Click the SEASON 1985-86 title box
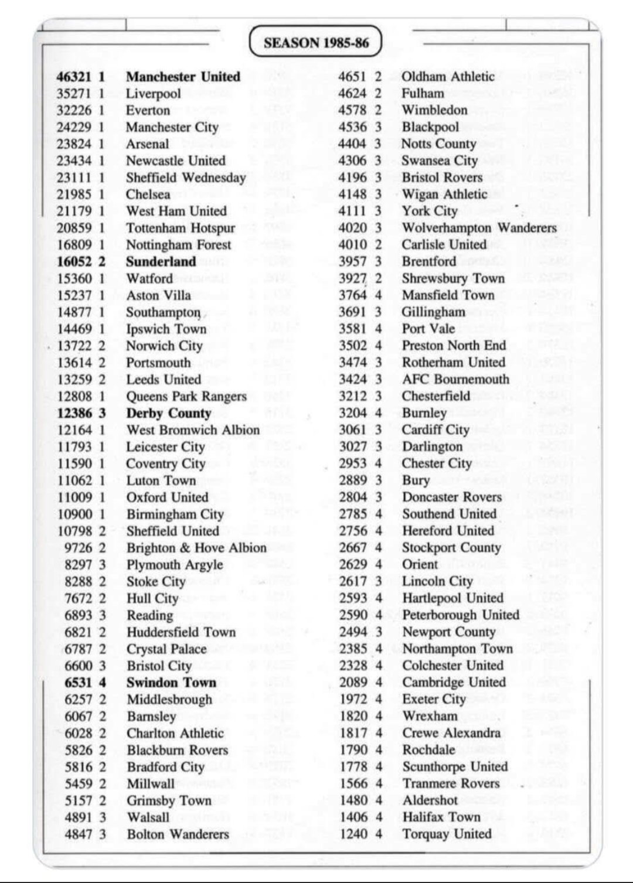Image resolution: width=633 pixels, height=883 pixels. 316,42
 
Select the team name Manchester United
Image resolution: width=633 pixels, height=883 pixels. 183,77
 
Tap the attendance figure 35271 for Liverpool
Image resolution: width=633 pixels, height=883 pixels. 74,94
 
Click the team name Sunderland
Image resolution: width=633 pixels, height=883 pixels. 161,262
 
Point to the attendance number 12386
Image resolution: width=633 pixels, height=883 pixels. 74,414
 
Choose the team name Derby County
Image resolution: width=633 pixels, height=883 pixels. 168,414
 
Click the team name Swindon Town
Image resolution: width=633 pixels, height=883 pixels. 171,683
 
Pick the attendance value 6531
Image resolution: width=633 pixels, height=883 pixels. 79,683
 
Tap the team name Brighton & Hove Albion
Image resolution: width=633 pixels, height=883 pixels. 196,548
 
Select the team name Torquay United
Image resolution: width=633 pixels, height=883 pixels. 447,834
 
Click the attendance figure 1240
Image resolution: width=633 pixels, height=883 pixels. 353,834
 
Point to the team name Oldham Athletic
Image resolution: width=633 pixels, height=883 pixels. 448,77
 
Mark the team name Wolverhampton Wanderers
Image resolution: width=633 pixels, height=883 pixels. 479,228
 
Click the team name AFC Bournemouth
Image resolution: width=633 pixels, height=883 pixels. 455,380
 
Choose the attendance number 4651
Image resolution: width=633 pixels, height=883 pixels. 352,77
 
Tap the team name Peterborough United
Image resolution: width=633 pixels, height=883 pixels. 461,615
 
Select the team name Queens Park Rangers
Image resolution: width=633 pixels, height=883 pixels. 186,397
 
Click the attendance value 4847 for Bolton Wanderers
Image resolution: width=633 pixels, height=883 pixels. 79,834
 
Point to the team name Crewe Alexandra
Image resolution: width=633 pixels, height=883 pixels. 451,733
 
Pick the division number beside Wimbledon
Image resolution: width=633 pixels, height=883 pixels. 378,110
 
